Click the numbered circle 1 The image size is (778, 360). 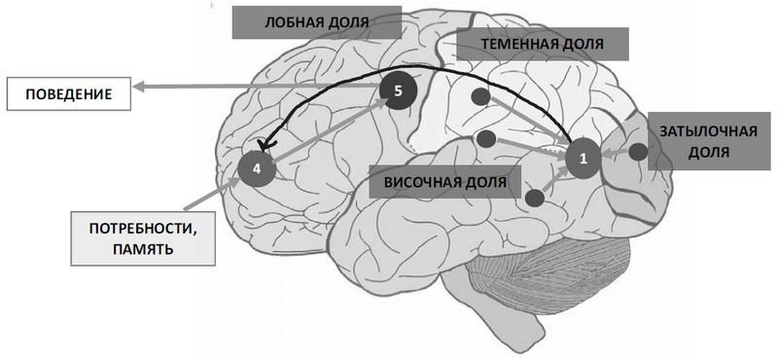pos(583,157)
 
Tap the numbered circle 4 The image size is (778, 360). pos(257,167)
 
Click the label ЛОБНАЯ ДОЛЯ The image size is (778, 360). pos(316,22)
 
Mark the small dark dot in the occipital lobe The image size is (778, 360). pos(638,152)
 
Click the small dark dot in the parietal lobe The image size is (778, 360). pos(480,96)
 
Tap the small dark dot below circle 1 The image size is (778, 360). pos(534,198)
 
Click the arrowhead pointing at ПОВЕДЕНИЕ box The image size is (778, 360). pos(138,89)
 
